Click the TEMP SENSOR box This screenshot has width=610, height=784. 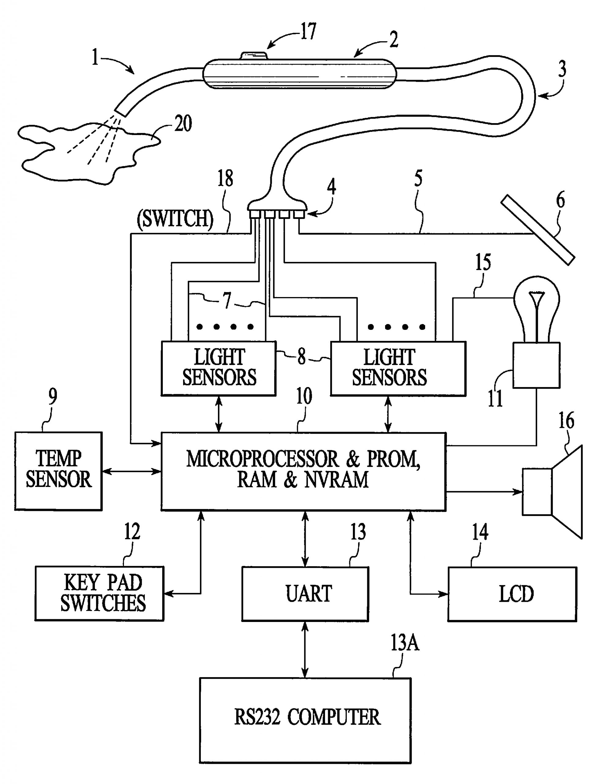58,471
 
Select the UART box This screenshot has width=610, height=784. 305,594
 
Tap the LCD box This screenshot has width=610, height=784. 512,594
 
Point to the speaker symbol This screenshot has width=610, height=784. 552,492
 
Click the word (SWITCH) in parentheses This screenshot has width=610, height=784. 175,218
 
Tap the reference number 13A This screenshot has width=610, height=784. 404,643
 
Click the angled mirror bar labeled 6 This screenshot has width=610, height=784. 537,230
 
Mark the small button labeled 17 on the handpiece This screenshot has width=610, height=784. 254,55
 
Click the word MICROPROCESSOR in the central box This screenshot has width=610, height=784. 262,459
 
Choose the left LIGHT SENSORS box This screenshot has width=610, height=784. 219,368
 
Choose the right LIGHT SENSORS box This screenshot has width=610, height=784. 398,368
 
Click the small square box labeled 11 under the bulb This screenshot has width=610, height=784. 536,365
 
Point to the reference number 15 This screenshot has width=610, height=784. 483,262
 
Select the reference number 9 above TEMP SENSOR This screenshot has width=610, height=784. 53,397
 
